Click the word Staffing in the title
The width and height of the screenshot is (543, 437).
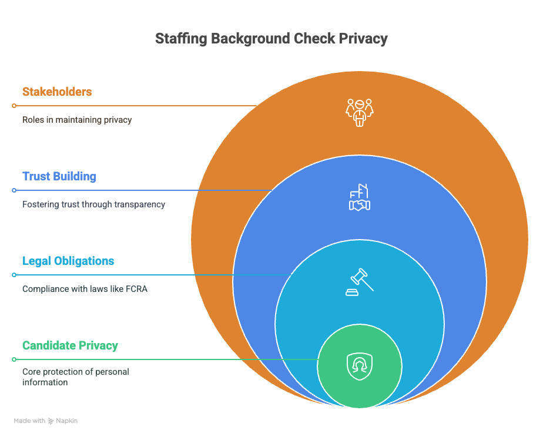[x=181, y=39]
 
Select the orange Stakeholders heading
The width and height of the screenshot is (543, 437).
[x=57, y=92]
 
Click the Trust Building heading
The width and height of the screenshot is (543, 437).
[x=59, y=176]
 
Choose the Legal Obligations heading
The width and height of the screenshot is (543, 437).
[x=68, y=261]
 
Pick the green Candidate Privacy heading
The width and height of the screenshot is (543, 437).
[x=71, y=345]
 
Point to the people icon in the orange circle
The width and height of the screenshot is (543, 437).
[x=360, y=112]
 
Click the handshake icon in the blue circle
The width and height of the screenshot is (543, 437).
[x=360, y=197]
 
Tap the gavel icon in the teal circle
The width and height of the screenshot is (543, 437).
[x=360, y=282]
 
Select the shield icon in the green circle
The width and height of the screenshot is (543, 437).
[x=360, y=367]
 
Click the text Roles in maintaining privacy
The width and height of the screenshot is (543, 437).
[x=77, y=120]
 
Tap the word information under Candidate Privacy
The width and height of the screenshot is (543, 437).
[x=45, y=382]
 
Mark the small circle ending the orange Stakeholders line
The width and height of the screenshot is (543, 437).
[x=14, y=106]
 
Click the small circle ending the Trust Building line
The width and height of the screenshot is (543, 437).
[x=14, y=190]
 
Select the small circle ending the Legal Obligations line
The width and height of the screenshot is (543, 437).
[x=14, y=275]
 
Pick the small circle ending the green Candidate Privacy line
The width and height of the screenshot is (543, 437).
[x=14, y=359]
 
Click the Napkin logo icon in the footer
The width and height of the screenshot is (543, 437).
[x=51, y=421]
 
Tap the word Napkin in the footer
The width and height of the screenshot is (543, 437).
[x=67, y=421]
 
